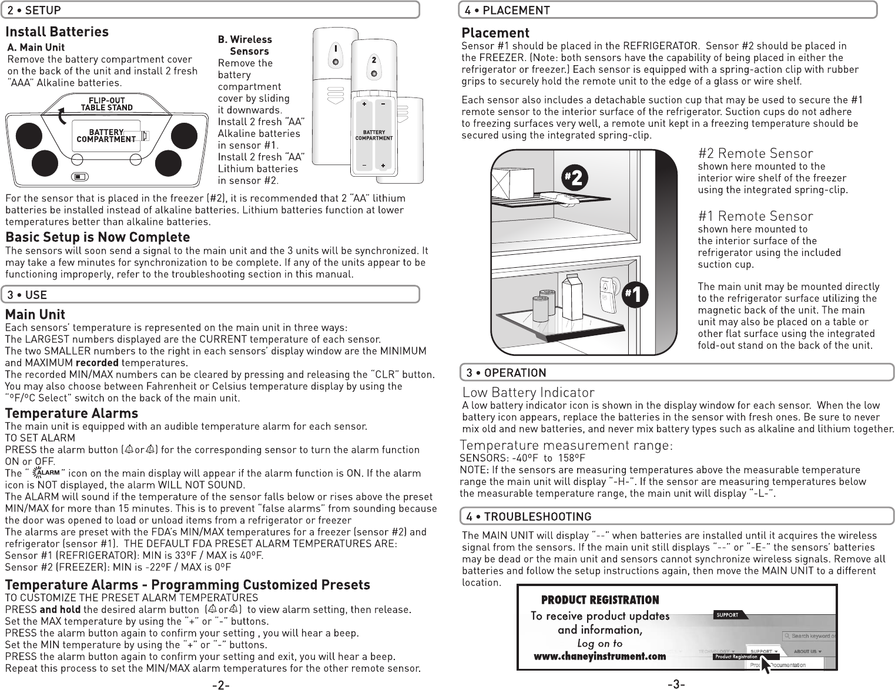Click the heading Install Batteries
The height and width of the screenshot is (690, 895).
(57, 32)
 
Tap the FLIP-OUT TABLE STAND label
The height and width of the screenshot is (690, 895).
(106, 104)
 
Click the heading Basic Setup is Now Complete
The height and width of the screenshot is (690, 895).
(98, 237)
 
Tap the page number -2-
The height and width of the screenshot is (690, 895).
(220, 684)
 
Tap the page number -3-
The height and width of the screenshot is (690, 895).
(676, 684)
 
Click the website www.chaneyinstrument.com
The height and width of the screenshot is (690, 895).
(599, 657)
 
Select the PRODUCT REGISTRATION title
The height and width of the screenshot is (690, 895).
(600, 600)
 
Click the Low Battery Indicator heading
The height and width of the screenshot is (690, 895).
(528, 392)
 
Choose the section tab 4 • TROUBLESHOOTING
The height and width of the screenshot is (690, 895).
(528, 516)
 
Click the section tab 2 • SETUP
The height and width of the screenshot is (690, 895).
(34, 10)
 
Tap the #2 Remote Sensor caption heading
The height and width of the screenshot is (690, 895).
(755, 154)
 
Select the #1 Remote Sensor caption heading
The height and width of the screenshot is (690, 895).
(755, 216)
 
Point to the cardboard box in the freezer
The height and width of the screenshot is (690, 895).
(510, 180)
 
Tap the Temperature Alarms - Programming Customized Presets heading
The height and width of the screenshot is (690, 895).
(187, 585)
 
